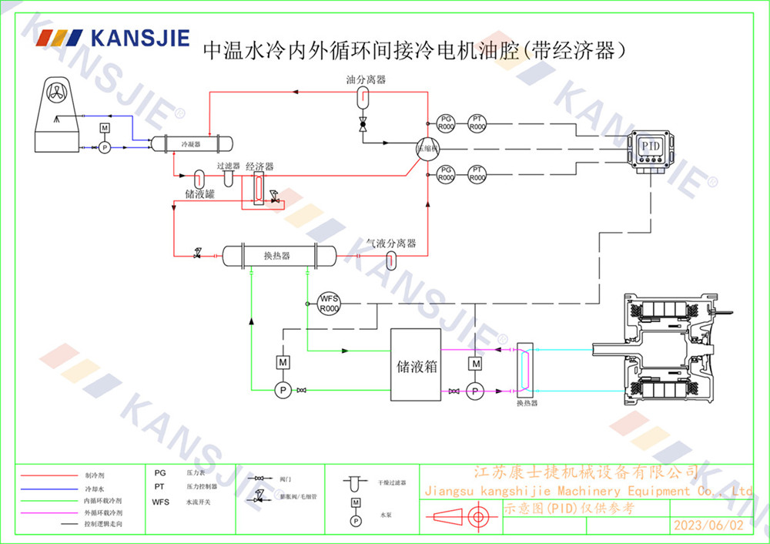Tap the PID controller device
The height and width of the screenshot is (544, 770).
(650, 148)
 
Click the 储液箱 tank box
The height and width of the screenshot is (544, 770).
(415, 365)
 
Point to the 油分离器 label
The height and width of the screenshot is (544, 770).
(365, 79)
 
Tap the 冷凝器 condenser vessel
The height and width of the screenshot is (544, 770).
(190, 143)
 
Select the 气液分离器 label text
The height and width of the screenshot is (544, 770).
(391, 243)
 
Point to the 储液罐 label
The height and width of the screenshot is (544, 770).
(199, 194)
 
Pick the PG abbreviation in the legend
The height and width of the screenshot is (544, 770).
(159, 472)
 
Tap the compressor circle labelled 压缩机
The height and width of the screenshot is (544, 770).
(427, 148)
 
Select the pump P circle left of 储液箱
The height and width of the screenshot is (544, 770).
(283, 391)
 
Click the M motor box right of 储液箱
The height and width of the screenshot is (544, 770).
(476, 363)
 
